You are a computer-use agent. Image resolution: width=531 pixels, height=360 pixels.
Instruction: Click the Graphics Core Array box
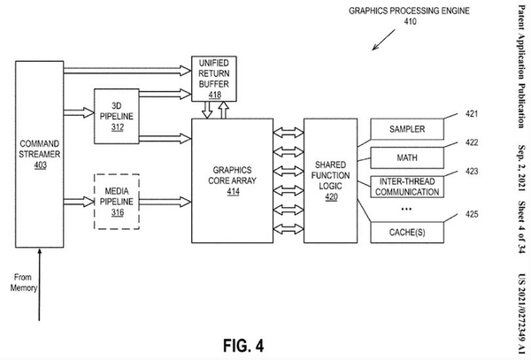point(233,180)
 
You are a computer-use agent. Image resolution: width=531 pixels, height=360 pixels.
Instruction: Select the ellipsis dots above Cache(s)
point(406,210)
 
